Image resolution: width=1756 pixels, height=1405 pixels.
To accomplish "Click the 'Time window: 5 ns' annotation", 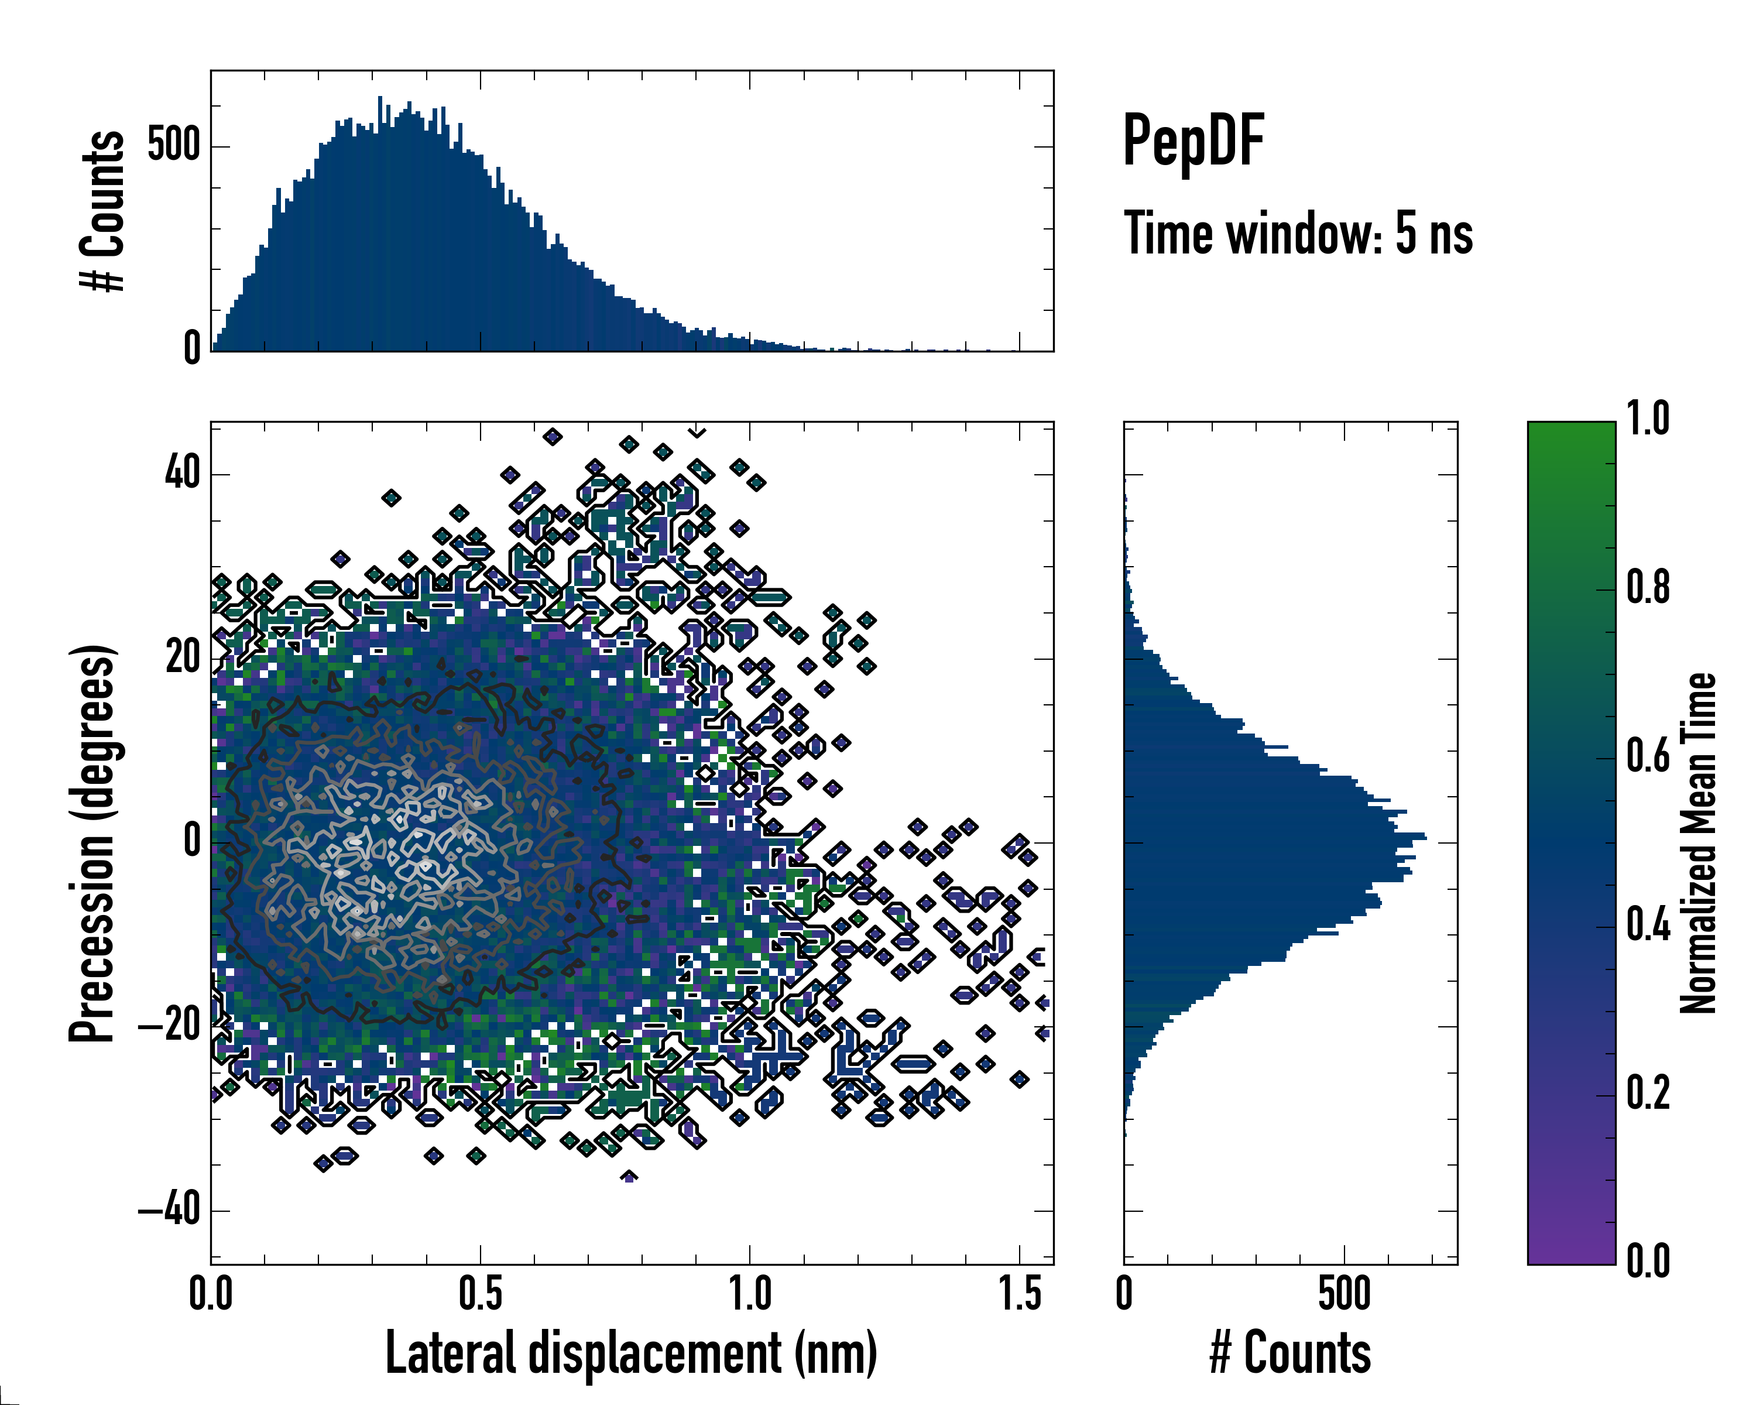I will [x=1298, y=234].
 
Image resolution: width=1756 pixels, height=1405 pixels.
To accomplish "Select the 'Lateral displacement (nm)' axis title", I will [x=631, y=1353].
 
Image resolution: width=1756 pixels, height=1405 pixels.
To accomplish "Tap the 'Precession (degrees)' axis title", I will [x=91, y=843].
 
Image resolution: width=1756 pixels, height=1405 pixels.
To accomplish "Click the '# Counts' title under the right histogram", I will [x=1290, y=1353].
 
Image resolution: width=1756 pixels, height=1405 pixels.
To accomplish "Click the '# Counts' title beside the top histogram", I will [x=102, y=211].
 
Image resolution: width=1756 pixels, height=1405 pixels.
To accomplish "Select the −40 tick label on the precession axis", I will [x=169, y=1209].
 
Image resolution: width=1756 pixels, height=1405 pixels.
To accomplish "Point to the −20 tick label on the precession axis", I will [x=169, y=1026].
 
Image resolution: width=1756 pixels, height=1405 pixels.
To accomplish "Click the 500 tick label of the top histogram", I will [x=173, y=146].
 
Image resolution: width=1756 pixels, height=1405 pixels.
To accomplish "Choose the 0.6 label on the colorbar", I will [x=1648, y=757].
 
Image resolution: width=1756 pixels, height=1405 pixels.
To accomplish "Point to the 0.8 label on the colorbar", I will [x=1648, y=588].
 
